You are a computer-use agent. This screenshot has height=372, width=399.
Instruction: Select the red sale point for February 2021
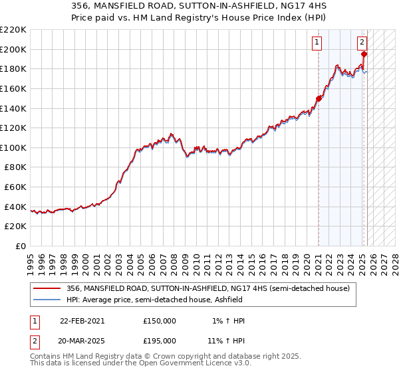pyautogui.click(x=319, y=98)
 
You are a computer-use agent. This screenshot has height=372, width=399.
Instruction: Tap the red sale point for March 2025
pyautogui.click(x=364, y=54)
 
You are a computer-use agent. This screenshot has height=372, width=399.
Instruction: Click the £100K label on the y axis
pyautogui.click(x=14, y=147)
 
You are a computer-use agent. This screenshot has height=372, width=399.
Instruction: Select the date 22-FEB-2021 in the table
pyautogui.click(x=82, y=320)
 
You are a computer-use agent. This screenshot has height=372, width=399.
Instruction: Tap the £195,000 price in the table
pyautogui.click(x=160, y=340)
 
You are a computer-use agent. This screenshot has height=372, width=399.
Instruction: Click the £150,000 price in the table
pyautogui.click(x=160, y=320)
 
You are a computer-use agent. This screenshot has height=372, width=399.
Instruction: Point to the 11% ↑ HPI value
pyautogui.click(x=226, y=340)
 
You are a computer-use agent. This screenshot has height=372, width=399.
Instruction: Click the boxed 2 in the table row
pyautogui.click(x=33, y=340)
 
